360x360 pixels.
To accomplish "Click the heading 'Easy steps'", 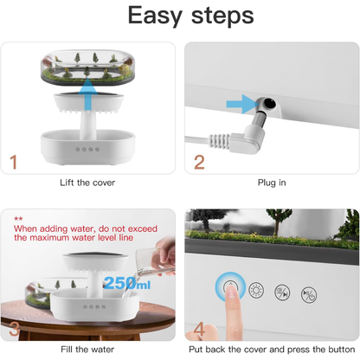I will pos(179,16).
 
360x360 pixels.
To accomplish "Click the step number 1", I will pos(14,161).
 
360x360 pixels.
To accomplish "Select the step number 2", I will pos(200,161).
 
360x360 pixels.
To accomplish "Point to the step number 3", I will pos(14,330).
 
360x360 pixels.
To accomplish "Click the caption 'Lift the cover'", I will pos(91,183).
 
